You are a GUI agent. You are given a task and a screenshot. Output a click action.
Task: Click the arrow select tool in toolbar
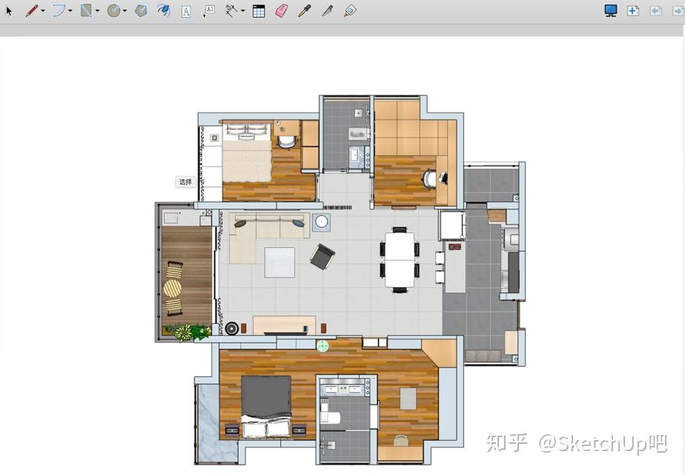point(9,11)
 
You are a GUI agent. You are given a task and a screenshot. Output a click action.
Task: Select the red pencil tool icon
point(32,11)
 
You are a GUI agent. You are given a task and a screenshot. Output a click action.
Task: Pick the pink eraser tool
point(282,11)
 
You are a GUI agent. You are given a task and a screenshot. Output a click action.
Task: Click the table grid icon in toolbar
point(259,11)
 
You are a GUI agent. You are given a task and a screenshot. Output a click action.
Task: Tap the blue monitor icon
point(611,11)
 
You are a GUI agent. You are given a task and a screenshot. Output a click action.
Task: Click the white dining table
point(400,260)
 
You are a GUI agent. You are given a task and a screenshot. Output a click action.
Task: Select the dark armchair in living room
point(322,256)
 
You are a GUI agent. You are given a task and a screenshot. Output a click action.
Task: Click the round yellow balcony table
point(173,288)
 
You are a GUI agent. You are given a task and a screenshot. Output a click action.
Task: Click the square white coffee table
point(279,263)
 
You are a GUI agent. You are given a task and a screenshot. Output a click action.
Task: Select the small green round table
point(322,346)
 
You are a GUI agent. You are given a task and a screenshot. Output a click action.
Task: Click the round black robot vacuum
point(231,328)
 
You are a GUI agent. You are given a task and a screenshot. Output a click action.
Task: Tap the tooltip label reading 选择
point(185,182)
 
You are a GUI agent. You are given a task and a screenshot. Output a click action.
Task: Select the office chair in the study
point(429,180)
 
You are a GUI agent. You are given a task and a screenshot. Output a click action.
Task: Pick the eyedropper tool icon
point(305,11)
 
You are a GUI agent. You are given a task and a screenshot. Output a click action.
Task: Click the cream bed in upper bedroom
point(247,153)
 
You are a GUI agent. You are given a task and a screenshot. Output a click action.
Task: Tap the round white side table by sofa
point(322,222)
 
